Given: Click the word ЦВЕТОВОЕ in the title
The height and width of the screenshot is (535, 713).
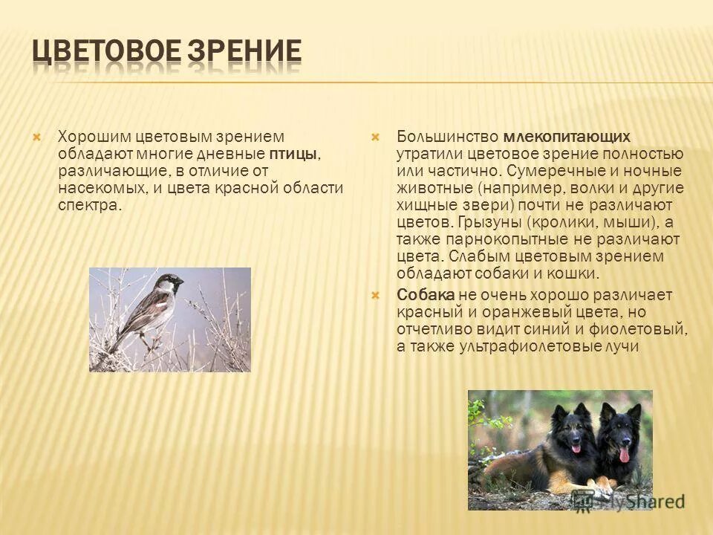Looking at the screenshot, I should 105,52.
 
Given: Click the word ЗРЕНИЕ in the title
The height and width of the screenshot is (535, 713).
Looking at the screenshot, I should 245,52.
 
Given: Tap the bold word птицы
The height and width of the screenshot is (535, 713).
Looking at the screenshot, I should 293,154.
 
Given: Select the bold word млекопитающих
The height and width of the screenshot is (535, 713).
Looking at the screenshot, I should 567,137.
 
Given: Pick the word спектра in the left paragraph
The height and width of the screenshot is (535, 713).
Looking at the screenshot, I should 88,204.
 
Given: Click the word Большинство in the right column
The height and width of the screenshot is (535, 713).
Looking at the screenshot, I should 448,137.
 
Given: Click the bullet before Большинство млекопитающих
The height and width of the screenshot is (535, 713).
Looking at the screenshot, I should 375,137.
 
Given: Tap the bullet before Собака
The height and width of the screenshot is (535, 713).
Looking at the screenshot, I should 375,295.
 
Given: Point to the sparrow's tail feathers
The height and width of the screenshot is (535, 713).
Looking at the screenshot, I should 113,345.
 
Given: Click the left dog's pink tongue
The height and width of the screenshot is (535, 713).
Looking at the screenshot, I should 576,448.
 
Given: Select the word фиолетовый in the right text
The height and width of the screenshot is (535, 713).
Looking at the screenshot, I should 643,328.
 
